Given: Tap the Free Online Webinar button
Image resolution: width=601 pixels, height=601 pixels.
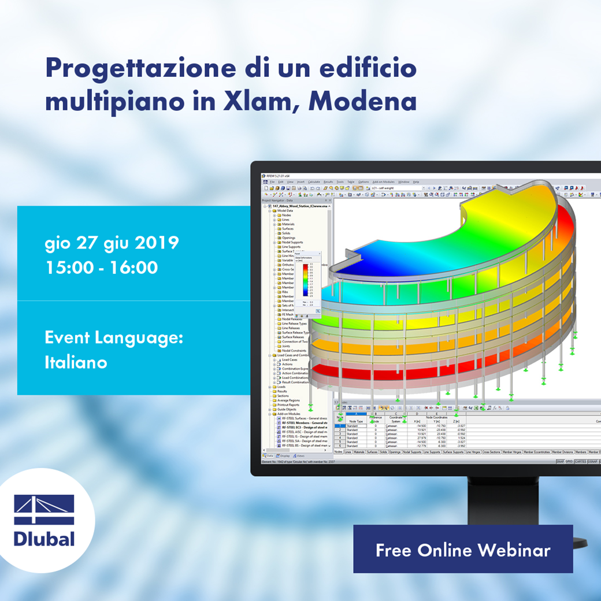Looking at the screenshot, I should [x=463, y=550].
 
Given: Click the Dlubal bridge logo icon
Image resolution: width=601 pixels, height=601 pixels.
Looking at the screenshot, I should [x=44, y=509].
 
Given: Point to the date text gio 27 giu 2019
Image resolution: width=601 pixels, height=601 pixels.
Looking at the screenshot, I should [x=112, y=243].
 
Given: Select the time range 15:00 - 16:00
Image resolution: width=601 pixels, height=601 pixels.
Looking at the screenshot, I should [x=101, y=268].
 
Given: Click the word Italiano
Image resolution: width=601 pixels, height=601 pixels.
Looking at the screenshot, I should [x=76, y=362].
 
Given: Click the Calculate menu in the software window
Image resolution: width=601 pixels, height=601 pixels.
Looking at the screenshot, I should [x=314, y=181].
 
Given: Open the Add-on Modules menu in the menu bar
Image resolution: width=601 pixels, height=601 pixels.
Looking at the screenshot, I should [x=383, y=181].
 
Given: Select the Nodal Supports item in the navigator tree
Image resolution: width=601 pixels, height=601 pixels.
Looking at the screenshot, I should [x=292, y=243].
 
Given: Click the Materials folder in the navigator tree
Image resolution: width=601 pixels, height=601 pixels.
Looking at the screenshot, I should [x=288, y=224].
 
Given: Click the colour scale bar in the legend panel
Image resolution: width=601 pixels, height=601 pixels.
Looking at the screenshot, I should [x=305, y=280].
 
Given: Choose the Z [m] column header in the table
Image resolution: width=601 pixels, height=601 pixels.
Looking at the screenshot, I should [x=457, y=421].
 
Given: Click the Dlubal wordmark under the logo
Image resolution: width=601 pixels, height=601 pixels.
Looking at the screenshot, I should [x=44, y=539].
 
